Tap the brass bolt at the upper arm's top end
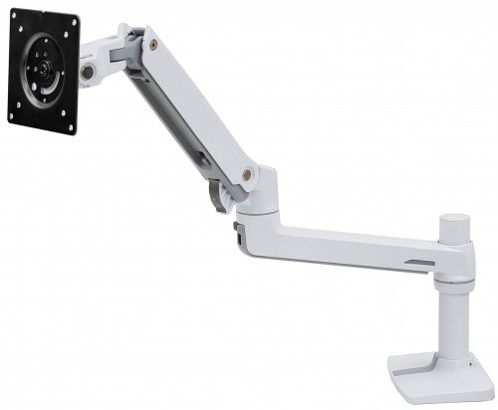point(150,43)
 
